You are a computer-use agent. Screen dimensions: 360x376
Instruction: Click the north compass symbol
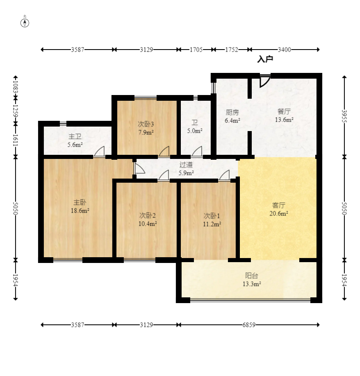pos(25,23)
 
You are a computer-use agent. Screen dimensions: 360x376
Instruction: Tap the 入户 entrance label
pos(265,59)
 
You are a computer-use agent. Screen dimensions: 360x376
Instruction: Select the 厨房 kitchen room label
pos(232,112)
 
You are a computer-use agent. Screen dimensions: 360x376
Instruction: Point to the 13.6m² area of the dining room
pos(284,120)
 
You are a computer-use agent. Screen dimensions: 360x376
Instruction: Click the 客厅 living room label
pos(279,205)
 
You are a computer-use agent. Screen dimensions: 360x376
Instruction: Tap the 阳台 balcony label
pos(251,276)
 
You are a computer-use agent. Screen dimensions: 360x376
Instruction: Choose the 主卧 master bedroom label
pos(80,202)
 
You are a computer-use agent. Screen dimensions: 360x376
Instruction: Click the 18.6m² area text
pos(80,211)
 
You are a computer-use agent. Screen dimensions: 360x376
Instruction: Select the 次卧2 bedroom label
pos(147,215)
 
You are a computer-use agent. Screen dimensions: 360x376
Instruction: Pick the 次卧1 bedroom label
pos(212,216)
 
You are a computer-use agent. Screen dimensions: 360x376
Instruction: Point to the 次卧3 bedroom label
pos(146,124)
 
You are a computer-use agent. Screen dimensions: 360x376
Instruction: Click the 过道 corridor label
pos(186,165)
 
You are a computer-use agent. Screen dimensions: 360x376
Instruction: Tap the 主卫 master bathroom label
pos(75,136)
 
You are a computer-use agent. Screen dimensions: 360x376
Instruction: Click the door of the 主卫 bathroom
pos(100,152)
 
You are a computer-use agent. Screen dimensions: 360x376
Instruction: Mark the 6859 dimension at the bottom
pos(249,325)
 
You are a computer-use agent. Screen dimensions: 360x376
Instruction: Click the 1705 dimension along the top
pos(196,50)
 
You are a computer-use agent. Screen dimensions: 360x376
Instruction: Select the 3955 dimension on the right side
pos(344,116)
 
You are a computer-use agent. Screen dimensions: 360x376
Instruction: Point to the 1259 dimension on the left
pos(16,111)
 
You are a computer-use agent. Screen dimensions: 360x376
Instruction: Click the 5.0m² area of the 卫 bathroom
pos(195,131)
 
